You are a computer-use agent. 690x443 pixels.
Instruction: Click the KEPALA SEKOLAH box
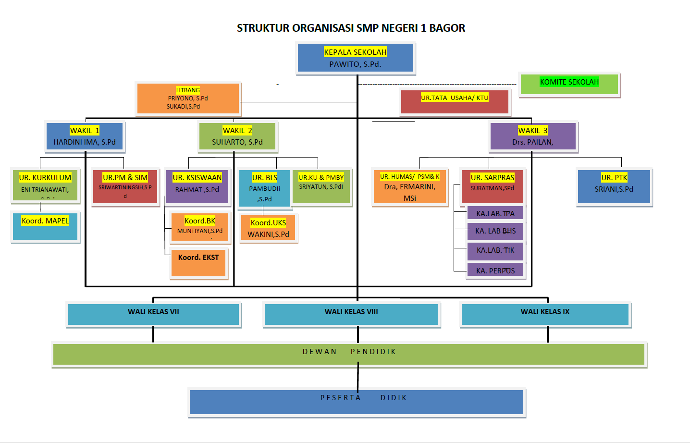pyautogui.click(x=355, y=58)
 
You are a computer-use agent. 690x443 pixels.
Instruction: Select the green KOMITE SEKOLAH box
pyautogui.click(x=569, y=84)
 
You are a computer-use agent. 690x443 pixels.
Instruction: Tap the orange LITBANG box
pyautogui.click(x=188, y=98)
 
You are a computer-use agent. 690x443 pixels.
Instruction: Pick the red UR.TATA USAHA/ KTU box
pyautogui.click(x=455, y=102)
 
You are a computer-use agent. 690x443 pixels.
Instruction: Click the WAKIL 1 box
pyautogui.click(x=85, y=136)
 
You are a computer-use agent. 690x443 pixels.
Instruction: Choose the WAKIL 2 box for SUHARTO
pyautogui.click(x=237, y=136)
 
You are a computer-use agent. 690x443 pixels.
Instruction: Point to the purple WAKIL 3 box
pyautogui.click(x=532, y=136)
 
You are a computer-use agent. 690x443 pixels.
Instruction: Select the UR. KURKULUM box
pyautogui.click(x=45, y=185)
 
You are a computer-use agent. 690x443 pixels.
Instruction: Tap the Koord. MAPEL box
pyautogui.click(x=45, y=226)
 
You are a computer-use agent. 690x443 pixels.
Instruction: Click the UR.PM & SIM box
pyautogui.click(x=125, y=186)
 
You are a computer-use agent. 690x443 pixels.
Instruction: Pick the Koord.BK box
pyautogui.click(x=200, y=227)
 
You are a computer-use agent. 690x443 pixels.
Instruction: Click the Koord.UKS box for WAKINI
pyautogui.click(x=268, y=228)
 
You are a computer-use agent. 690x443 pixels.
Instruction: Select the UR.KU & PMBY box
pyautogui.click(x=321, y=186)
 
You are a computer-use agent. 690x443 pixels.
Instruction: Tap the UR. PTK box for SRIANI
pyautogui.click(x=614, y=186)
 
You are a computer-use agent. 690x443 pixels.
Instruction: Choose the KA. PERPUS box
pyautogui.click(x=495, y=270)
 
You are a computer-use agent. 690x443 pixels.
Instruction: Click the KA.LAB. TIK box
pyautogui.click(x=495, y=251)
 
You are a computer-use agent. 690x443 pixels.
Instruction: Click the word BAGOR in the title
pyautogui.click(x=447, y=28)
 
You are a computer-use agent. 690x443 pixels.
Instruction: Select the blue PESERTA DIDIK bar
pyautogui.click(x=357, y=402)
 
